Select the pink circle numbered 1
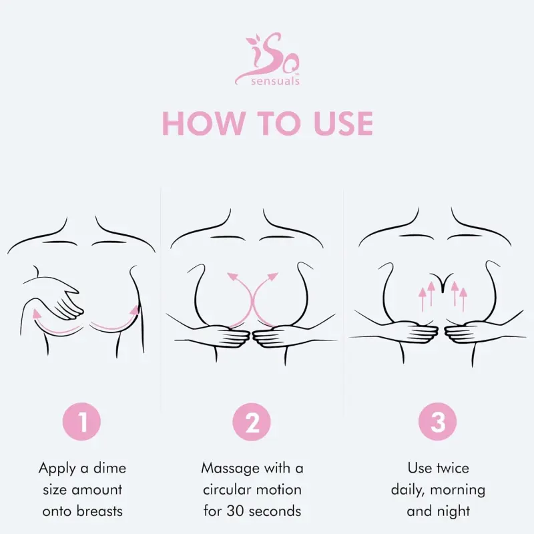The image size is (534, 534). pyautogui.click(x=82, y=422)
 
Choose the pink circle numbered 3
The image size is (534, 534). pyautogui.click(x=437, y=422)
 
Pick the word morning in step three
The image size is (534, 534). pyautogui.click(x=456, y=490)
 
